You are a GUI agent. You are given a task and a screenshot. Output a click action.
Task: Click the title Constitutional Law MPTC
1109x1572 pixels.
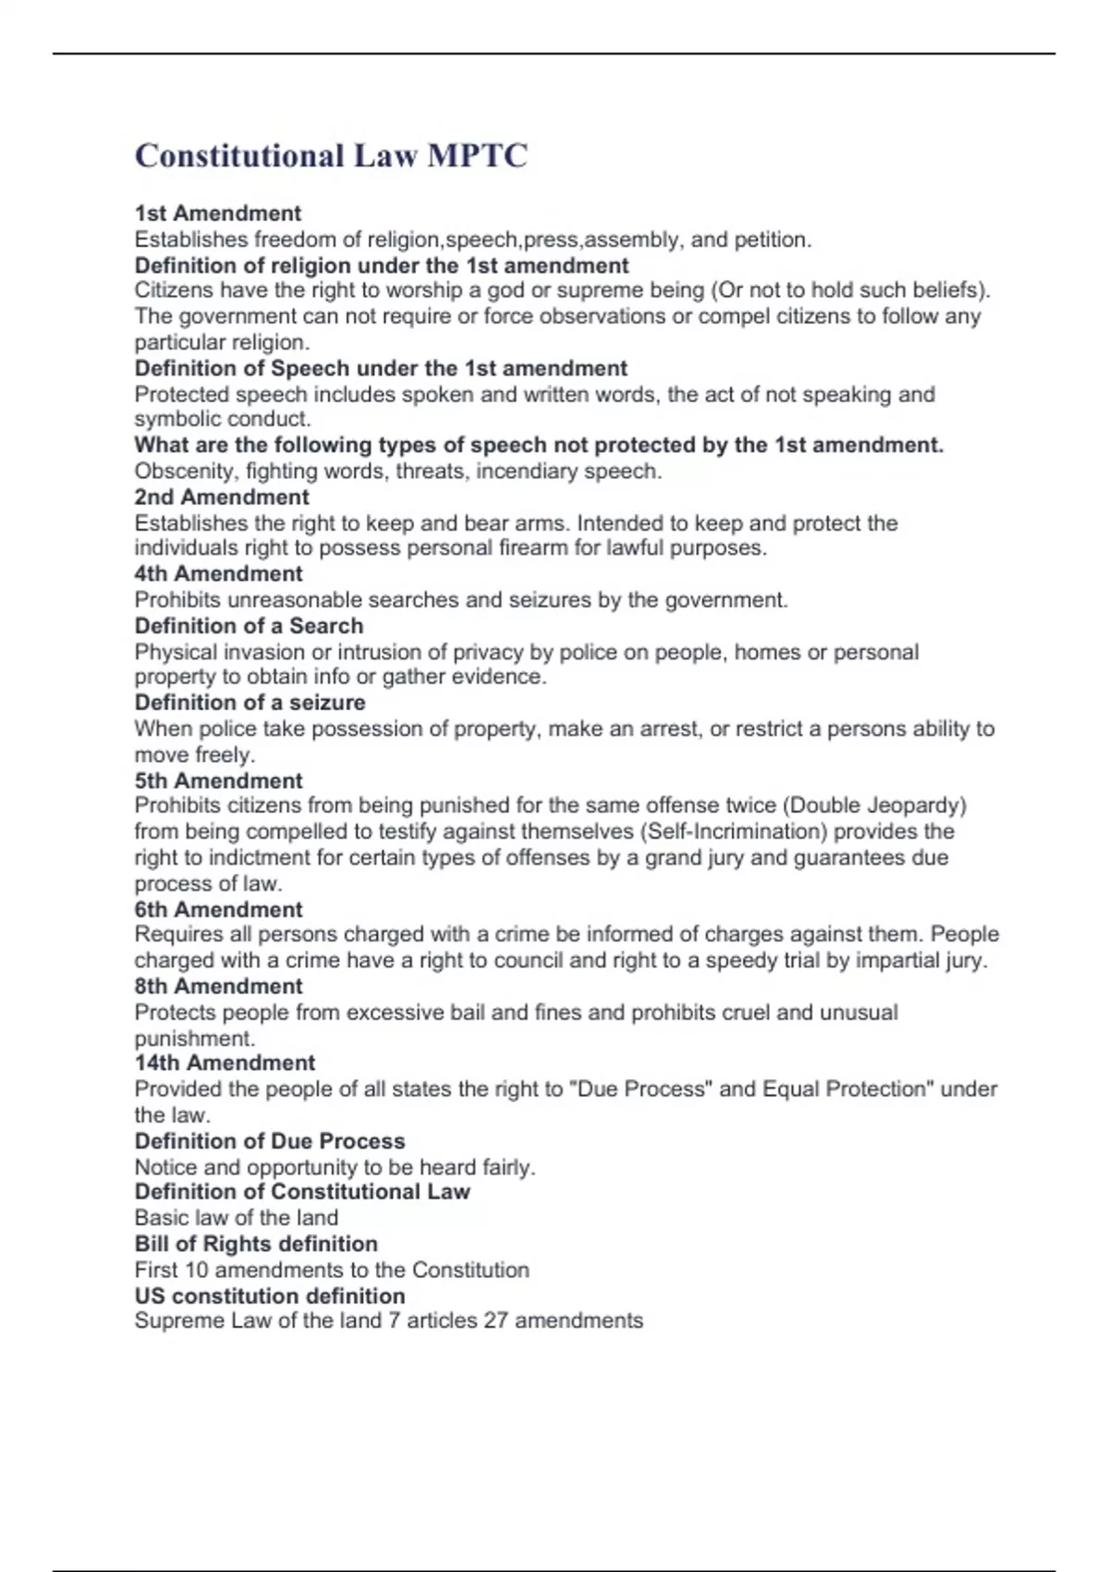[x=331, y=155]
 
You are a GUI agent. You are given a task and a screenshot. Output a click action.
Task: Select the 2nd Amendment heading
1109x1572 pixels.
[x=222, y=497]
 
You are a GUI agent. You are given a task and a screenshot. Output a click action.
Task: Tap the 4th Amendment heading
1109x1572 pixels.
[x=218, y=573]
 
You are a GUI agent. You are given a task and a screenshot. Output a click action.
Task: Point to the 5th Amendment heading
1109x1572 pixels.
[x=218, y=780]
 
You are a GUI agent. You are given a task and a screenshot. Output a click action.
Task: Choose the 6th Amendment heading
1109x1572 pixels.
[x=218, y=909]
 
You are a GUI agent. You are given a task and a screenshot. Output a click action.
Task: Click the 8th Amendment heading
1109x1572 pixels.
[x=218, y=986]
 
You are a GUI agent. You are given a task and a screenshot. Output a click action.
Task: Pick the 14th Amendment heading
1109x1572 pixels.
[x=225, y=1062]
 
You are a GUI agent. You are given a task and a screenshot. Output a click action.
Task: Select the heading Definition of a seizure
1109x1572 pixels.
[x=250, y=702]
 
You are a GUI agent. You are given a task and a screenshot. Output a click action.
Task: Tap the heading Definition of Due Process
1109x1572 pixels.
[x=270, y=1140]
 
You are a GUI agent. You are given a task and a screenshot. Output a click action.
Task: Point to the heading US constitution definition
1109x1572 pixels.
[x=270, y=1296]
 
